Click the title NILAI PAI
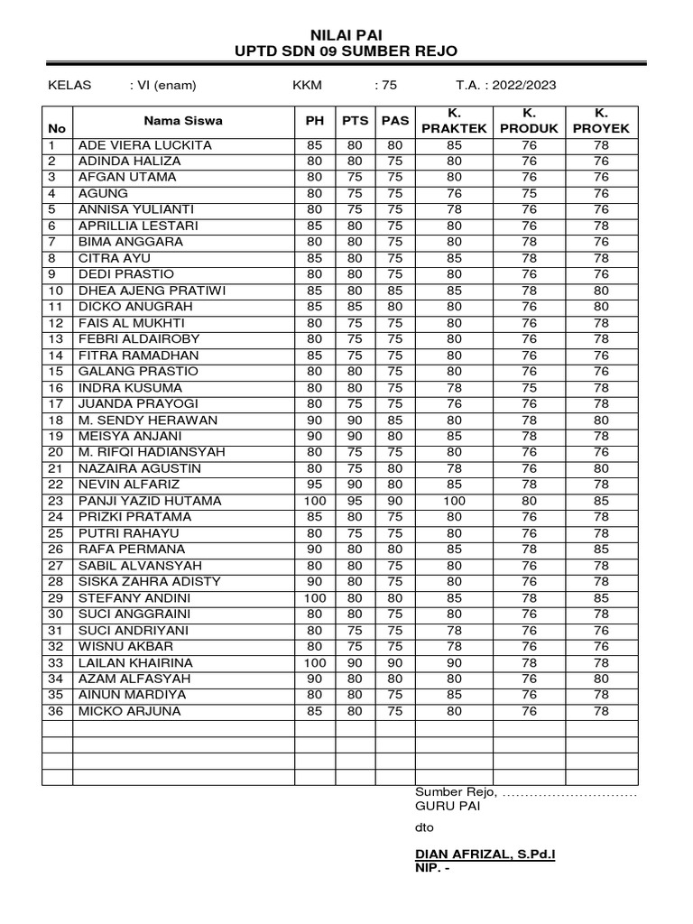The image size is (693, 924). [x=346, y=34]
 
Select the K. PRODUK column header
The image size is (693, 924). [x=530, y=120]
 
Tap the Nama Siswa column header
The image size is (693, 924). [x=183, y=120]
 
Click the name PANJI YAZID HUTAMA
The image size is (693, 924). [x=151, y=501]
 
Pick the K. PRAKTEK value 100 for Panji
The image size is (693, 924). [x=454, y=501]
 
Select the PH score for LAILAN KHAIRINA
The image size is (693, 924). [x=314, y=662]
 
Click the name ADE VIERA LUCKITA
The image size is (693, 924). [x=146, y=144]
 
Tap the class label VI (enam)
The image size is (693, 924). [x=163, y=86]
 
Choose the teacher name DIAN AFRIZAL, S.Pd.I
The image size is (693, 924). [x=485, y=853]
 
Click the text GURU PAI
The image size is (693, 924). [x=448, y=807]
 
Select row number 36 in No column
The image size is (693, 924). [x=56, y=711]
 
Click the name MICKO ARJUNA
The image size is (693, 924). [x=130, y=711]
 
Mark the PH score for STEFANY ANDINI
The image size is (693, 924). [x=314, y=598]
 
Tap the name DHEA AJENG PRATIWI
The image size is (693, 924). [x=151, y=291]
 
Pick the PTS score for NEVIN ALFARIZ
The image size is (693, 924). [x=355, y=485]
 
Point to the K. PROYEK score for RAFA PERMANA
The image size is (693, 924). [x=601, y=550]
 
